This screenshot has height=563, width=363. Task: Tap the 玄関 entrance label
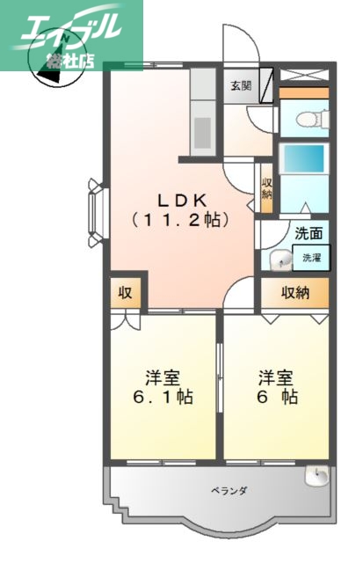pos(241,85)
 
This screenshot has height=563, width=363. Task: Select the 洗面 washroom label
pos(308,234)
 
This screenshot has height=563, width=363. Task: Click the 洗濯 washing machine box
pos(312,258)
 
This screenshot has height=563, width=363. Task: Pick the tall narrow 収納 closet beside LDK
pos(265,186)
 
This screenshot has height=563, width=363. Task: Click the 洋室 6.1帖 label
pos(163,388)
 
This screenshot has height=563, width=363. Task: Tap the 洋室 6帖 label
pos(277,388)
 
